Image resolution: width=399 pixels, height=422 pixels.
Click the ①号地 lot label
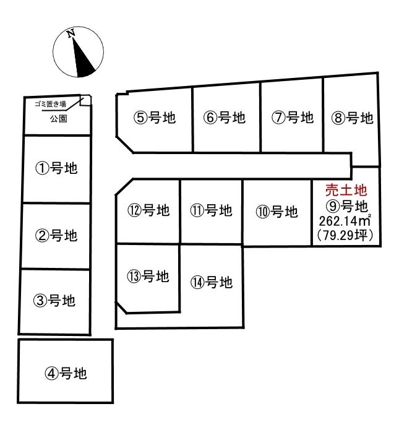(56, 168)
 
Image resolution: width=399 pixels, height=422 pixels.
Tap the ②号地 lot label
(56, 235)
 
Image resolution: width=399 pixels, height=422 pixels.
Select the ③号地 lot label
(55, 301)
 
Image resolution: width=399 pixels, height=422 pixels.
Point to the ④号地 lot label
(66, 373)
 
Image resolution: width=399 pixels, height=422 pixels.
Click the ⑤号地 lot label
(155, 118)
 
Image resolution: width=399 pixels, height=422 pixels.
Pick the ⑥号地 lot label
(224, 118)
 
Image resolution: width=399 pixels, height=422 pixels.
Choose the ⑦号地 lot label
(293, 118)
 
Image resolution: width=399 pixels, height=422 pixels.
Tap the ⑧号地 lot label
(353, 118)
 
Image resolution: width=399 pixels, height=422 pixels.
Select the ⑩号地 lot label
(276, 212)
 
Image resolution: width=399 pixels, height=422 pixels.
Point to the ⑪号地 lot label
(211, 210)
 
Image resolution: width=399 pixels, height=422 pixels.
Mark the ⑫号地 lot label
(149, 210)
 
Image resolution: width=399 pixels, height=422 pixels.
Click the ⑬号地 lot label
(149, 277)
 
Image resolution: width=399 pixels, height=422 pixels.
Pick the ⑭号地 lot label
(211, 282)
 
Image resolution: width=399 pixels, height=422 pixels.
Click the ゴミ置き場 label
(51, 104)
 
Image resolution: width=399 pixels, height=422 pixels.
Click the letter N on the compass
(71, 33)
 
